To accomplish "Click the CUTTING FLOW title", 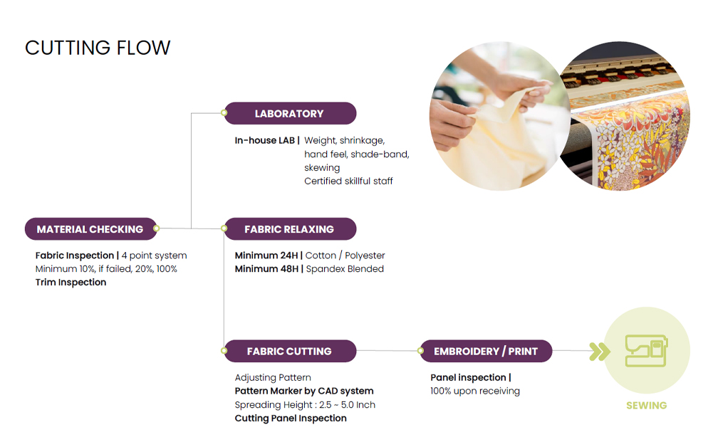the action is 98,48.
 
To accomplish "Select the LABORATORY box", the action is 290,113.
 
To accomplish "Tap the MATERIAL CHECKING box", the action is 90,229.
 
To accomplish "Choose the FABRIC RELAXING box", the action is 290,229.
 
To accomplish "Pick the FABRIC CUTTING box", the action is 290,351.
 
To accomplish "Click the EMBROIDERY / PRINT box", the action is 486,351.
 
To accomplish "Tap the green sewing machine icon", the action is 646,351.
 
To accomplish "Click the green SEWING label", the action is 646,405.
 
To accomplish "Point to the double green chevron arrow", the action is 600,351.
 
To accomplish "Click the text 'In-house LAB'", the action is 265,140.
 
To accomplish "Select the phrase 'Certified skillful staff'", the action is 348,181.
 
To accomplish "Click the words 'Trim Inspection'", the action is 71,282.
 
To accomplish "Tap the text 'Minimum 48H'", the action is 266,269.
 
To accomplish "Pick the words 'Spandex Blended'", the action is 345,269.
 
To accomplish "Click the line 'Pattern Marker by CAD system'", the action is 304,391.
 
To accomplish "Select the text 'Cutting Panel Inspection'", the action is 291,419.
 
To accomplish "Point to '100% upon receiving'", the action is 475,391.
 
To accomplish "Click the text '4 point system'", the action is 154,256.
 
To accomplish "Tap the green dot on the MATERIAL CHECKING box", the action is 156,228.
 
